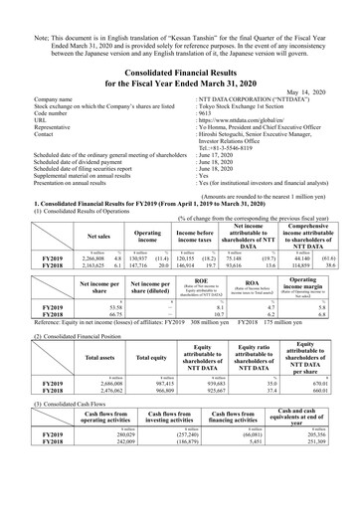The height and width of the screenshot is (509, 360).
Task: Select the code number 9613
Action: point(206,114)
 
